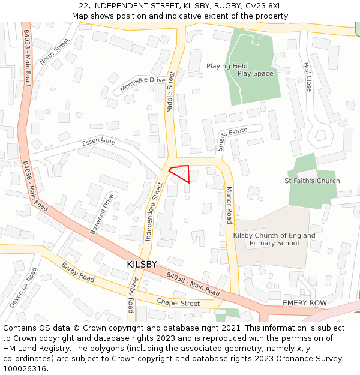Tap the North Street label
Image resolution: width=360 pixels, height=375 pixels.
pos(55,52)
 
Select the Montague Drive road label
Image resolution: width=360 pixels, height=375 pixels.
pos(143,84)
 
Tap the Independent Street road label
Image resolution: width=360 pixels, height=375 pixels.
pos(154,212)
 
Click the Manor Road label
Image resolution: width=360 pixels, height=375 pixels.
pos(229,205)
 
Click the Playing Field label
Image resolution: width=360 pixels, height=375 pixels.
pos(227,66)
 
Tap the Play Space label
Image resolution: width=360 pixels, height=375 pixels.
pos(255,74)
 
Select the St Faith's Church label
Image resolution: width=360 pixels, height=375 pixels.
pos(312,181)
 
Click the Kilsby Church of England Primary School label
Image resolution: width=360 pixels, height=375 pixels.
pos(274,239)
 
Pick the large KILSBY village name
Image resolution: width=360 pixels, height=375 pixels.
pos(142,264)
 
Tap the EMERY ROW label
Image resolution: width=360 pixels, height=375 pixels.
pos(305,303)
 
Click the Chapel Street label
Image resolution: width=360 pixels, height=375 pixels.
pos(178,303)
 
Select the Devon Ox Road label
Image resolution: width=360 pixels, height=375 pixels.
pos(23,288)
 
